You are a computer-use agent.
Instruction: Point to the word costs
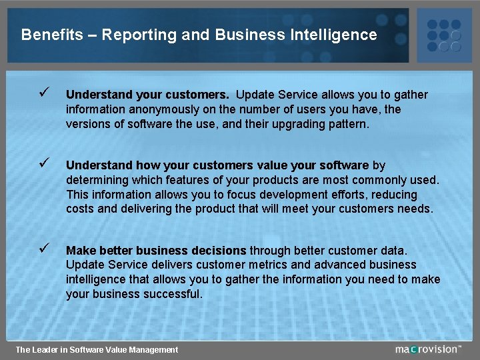(81, 209)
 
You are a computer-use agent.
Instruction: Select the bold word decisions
(219, 251)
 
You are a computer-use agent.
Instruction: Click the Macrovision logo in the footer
(427, 349)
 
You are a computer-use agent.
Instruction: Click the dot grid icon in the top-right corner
(443, 31)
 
